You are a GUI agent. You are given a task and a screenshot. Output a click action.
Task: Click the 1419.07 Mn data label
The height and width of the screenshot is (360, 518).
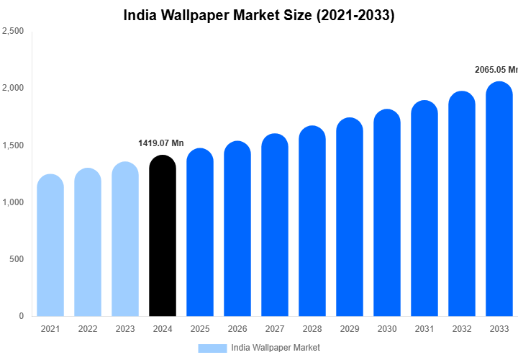(x=161, y=143)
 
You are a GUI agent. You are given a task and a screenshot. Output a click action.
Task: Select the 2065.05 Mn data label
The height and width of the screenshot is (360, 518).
(x=496, y=70)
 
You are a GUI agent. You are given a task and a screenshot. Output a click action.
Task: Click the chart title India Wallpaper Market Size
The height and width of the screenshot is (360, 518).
(x=259, y=15)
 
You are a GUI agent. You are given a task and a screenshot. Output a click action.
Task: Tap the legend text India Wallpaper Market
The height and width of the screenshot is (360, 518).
(x=276, y=348)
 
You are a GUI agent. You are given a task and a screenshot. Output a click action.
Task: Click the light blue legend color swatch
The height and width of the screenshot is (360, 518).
(x=212, y=348)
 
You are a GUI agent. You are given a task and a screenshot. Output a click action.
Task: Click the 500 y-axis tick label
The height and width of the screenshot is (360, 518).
(x=16, y=259)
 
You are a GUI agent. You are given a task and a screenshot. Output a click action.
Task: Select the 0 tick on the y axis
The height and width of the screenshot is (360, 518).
(x=21, y=316)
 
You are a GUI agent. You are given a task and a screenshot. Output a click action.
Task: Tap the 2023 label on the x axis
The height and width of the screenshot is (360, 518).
(x=125, y=329)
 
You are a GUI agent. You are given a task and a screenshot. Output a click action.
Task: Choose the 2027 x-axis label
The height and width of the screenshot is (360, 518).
(x=275, y=329)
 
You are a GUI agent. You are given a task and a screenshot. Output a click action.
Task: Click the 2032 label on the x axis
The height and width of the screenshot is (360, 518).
(x=462, y=329)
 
